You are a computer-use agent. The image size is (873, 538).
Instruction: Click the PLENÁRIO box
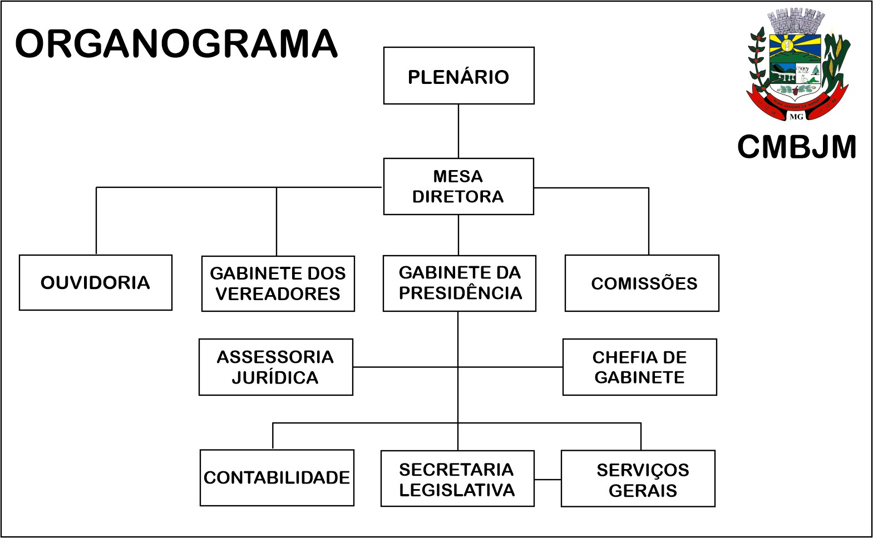tap(458, 76)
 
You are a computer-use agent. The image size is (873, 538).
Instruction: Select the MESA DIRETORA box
tap(458, 187)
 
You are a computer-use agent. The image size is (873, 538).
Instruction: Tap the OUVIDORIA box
tap(96, 282)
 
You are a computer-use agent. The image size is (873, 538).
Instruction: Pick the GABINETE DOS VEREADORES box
tap(278, 283)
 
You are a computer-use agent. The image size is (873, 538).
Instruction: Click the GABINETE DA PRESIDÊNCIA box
tap(460, 283)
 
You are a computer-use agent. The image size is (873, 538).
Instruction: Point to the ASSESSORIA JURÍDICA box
tap(276, 367)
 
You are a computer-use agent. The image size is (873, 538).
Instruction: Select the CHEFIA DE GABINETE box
tap(640, 367)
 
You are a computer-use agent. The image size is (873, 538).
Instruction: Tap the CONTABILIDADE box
tap(277, 477)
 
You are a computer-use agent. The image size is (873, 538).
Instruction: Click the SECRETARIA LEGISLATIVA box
tap(457, 479)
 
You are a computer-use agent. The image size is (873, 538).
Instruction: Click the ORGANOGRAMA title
tap(176, 44)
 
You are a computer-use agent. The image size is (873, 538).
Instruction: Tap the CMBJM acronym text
tap(797, 147)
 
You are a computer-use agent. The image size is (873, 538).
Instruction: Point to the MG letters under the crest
tap(796, 117)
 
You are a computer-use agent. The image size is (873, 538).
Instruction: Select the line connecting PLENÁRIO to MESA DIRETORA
tap(458, 131)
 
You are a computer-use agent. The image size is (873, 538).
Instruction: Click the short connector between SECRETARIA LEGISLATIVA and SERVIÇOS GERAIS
tap(548, 479)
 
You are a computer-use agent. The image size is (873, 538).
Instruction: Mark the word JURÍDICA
tap(275, 378)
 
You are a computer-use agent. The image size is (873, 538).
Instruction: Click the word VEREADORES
tap(278, 294)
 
